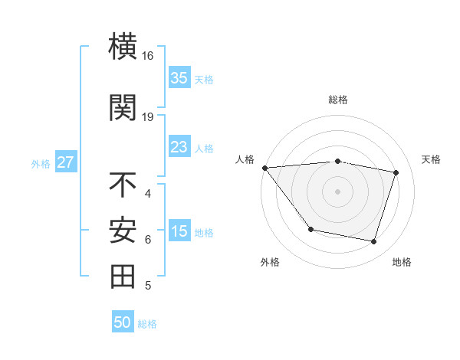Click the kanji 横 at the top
click(x=123, y=47)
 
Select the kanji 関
click(x=123, y=106)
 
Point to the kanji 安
click(x=123, y=231)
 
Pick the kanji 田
click(x=123, y=277)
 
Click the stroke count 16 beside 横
click(x=148, y=56)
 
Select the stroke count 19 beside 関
click(x=148, y=116)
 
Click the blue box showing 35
click(x=179, y=78)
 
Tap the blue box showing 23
click(x=179, y=147)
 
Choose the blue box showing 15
click(x=179, y=231)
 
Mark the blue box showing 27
click(x=65, y=162)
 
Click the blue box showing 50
click(x=123, y=322)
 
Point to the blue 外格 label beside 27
click(x=41, y=163)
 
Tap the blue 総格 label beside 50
click(x=147, y=324)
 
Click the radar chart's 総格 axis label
click(x=338, y=100)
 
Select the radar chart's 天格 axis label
click(x=432, y=159)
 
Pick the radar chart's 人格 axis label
click(x=245, y=159)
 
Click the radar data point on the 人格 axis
click(x=264, y=168)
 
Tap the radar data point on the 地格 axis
click(x=373, y=242)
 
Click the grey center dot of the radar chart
click(x=338, y=191)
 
